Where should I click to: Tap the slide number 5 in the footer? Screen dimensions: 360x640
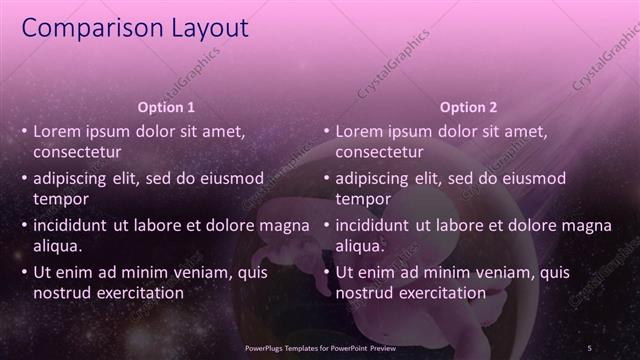click(x=589, y=347)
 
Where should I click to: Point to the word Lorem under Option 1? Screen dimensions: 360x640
click(x=57, y=131)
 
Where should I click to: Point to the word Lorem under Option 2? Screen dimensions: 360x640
click(x=359, y=131)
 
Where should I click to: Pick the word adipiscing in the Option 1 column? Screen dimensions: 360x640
click(x=72, y=178)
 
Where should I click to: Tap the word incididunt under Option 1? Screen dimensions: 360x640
click(x=72, y=225)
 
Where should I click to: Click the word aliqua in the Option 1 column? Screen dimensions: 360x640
click(x=57, y=246)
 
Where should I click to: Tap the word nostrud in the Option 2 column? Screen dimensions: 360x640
click(x=364, y=293)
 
